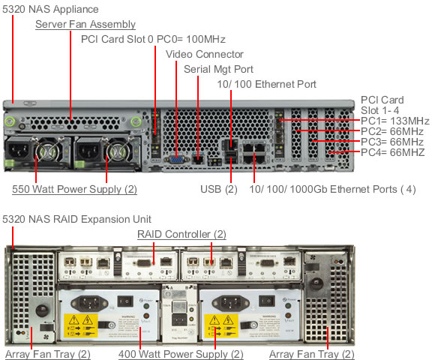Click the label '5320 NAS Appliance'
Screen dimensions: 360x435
pos(50,9)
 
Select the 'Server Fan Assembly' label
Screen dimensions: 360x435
pos(85,25)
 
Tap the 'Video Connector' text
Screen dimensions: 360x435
pos(204,54)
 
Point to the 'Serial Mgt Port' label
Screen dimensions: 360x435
pos(219,69)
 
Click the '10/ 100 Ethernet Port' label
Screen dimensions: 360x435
pos(266,84)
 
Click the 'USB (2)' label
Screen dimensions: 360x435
pos(219,189)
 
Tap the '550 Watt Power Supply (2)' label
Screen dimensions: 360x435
pos(74,189)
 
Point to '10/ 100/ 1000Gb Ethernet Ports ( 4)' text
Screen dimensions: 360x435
pos(333,189)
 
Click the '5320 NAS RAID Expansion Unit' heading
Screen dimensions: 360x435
pos(77,219)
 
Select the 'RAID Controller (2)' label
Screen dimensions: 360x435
pos(181,235)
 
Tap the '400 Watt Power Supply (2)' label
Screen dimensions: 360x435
pos(181,353)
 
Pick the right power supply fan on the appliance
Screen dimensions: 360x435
pos(116,154)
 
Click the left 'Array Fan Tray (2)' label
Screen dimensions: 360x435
pos(48,353)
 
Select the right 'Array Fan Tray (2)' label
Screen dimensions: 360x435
pos(312,353)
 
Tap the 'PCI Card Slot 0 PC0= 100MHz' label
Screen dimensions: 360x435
pos(153,39)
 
